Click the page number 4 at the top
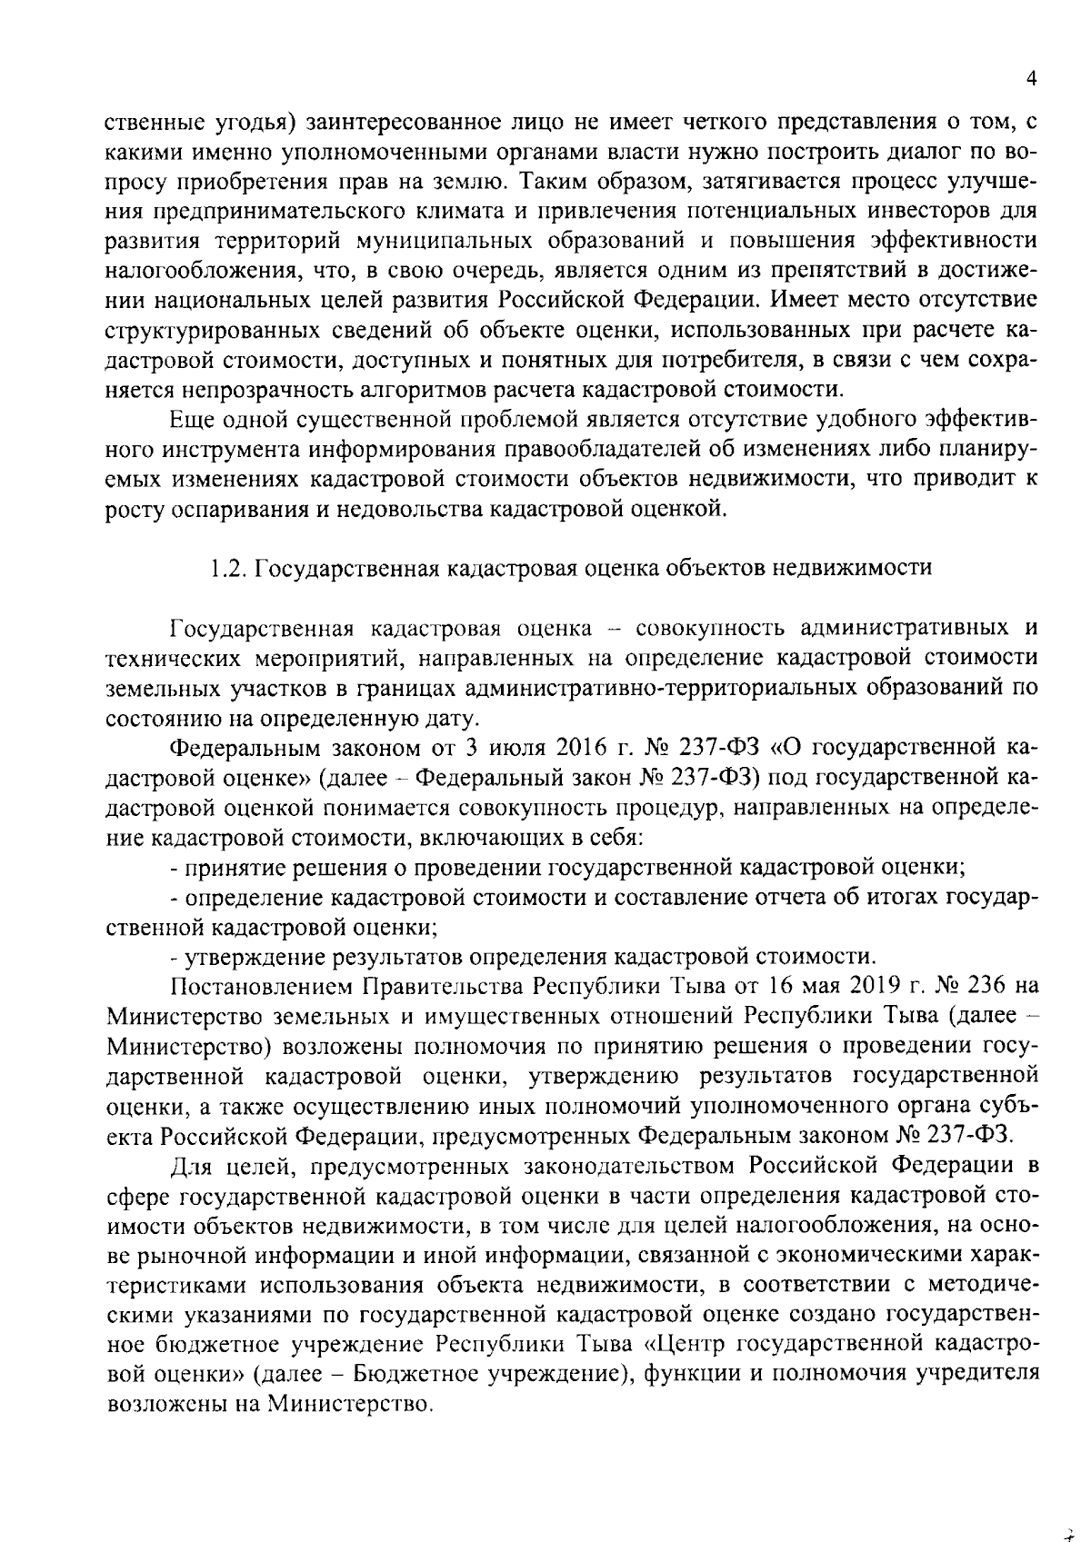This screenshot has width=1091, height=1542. (1031, 79)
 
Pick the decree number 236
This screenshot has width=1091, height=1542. (980, 986)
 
